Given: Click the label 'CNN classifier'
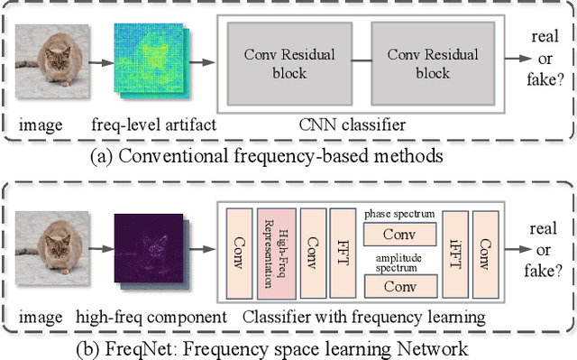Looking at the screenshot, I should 353,125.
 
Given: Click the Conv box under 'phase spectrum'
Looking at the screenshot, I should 398,235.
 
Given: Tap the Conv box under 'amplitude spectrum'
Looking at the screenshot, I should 398,285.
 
